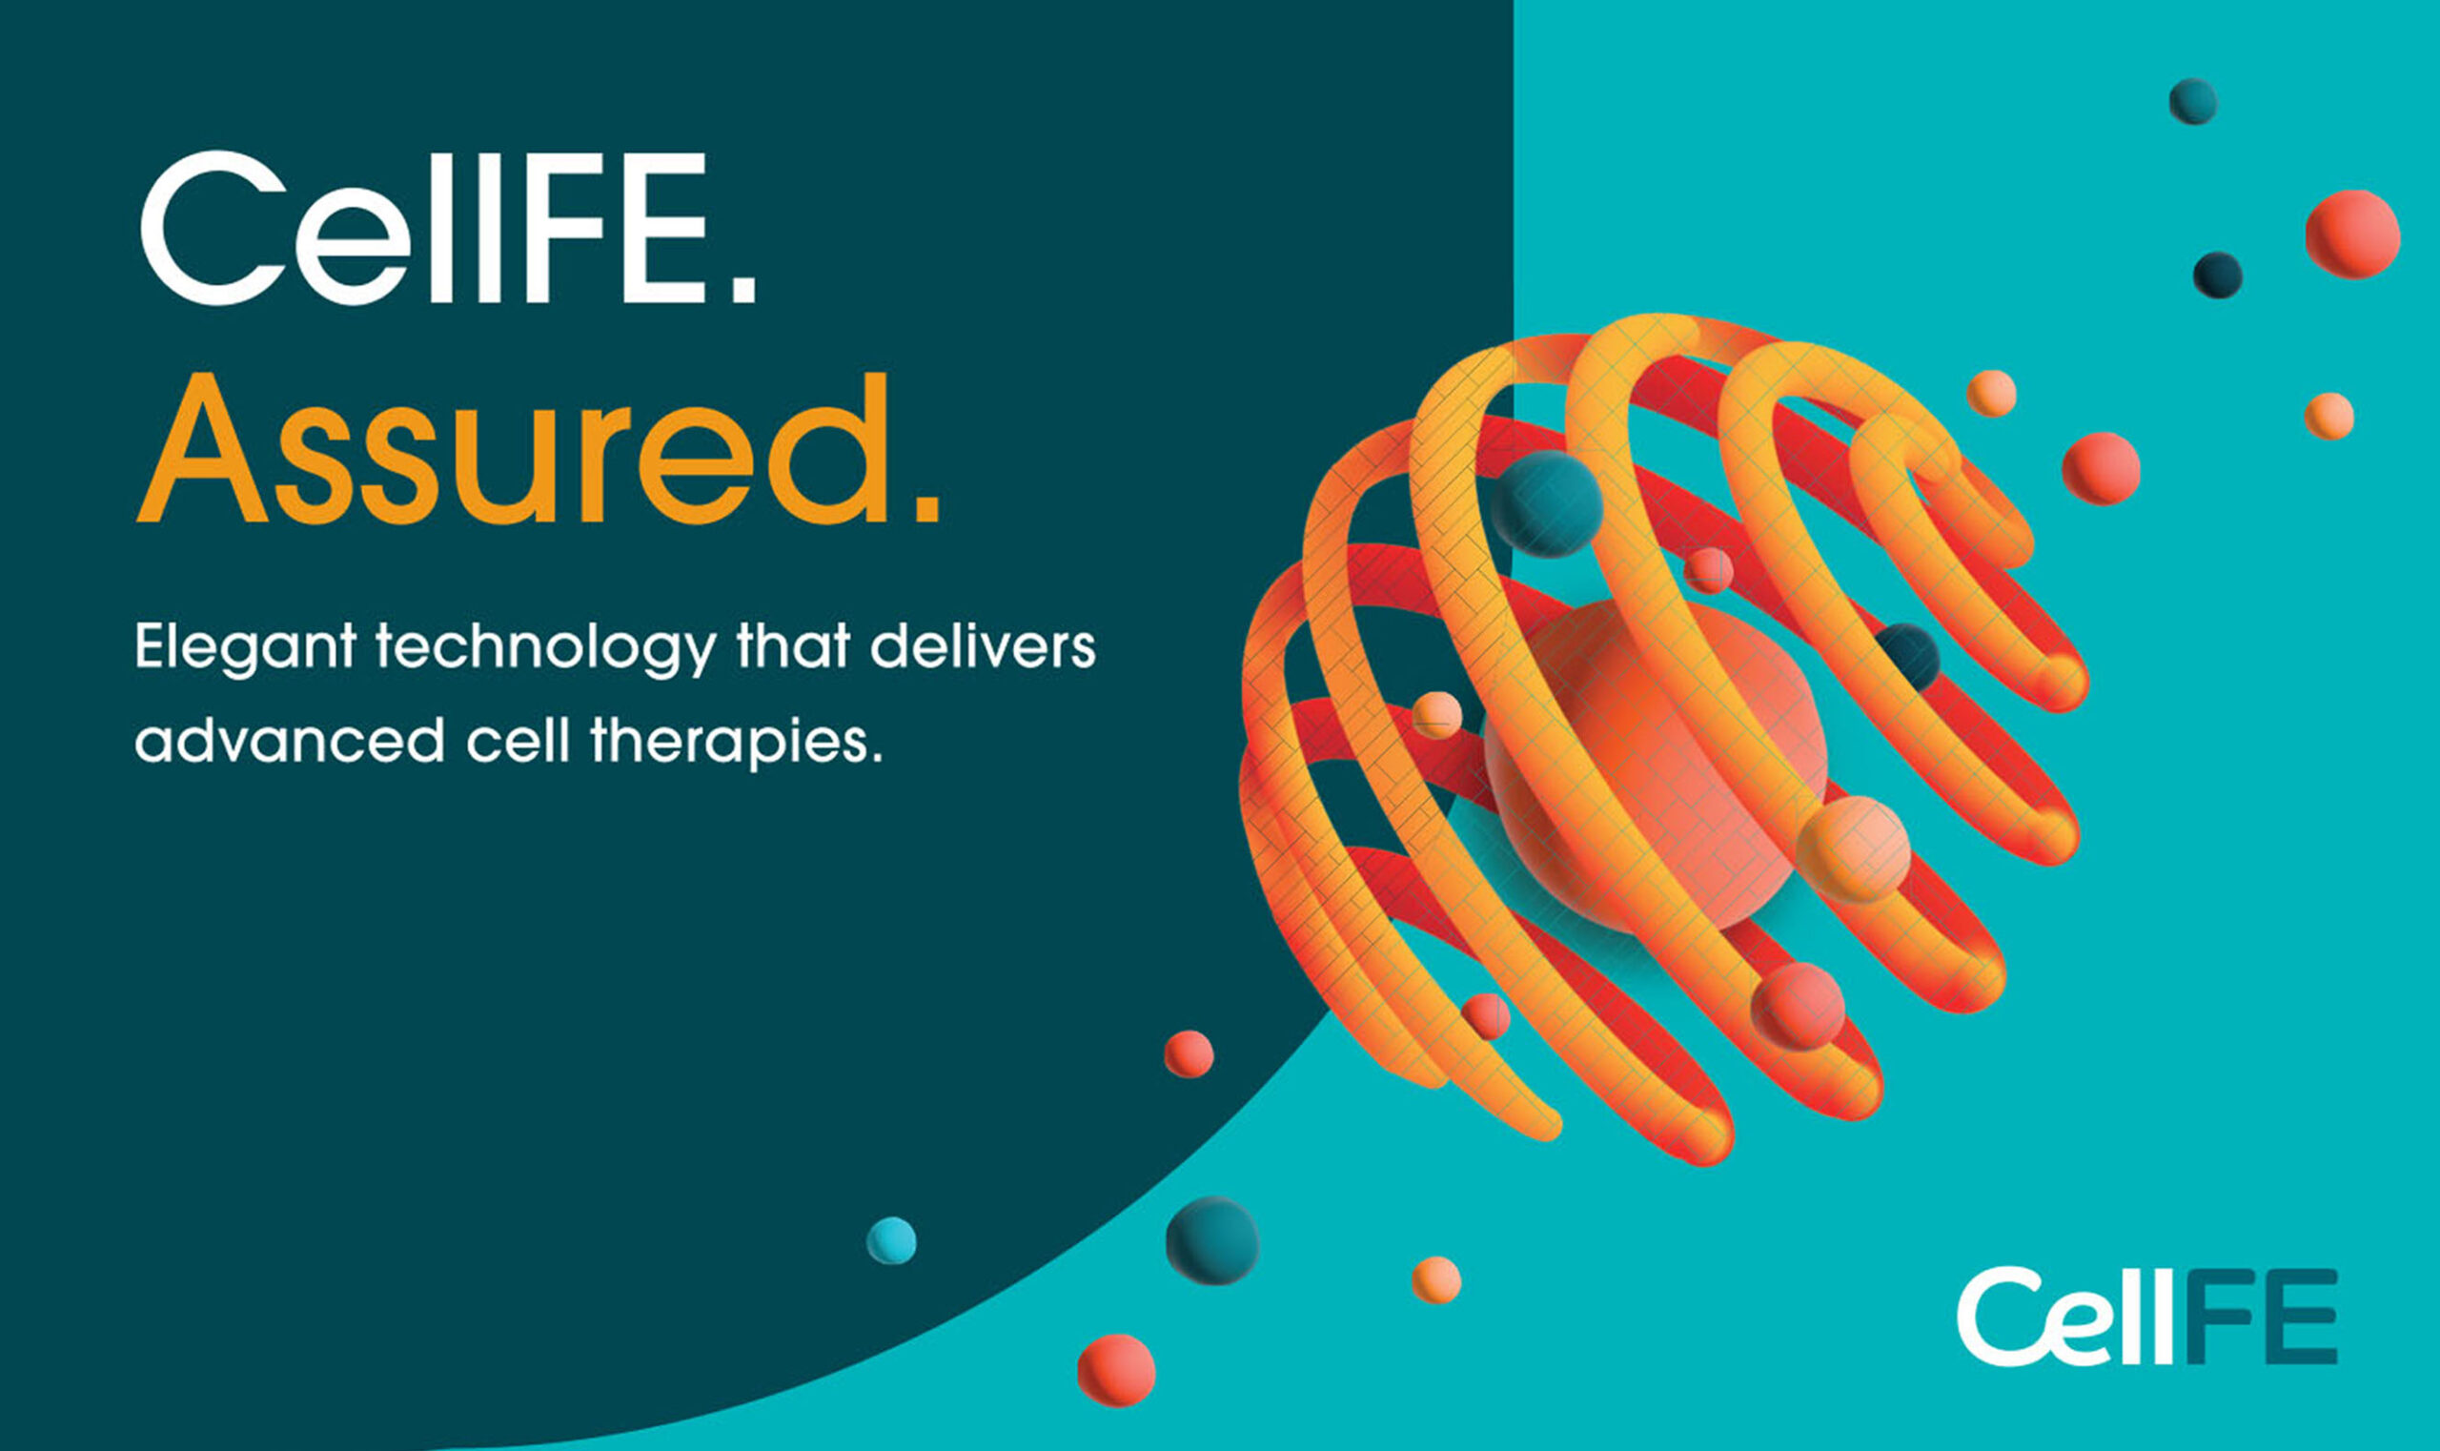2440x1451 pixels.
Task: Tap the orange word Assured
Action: tap(538, 450)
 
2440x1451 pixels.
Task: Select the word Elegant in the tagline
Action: tap(245, 649)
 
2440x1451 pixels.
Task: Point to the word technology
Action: tap(545, 649)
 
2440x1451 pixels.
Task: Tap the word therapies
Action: tap(736, 743)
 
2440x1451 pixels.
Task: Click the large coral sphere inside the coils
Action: tap(1655, 766)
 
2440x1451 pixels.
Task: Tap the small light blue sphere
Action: tap(890, 1240)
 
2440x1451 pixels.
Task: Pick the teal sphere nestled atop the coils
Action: tap(1546, 503)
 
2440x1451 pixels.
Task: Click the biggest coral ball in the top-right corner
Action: tap(2352, 235)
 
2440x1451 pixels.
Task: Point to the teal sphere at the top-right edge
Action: tap(2193, 102)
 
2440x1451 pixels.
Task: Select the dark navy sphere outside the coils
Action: tap(2217, 275)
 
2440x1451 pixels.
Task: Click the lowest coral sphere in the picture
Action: tap(1116, 1371)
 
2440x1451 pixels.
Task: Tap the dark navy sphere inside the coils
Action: tap(1906, 657)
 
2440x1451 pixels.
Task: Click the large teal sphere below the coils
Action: tap(1212, 1240)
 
